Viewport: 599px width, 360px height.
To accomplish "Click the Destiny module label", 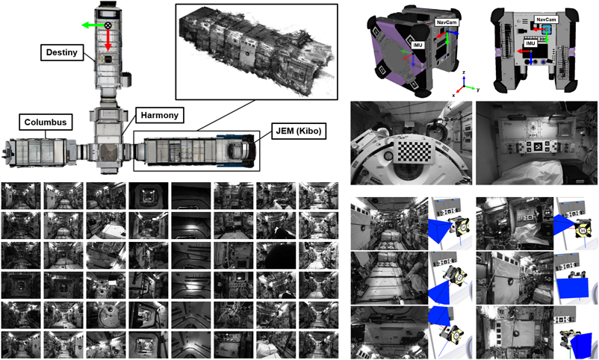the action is coord(62,52).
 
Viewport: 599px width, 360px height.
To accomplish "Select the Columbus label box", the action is coord(46,122).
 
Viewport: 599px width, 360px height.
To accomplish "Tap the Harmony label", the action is coord(159,115).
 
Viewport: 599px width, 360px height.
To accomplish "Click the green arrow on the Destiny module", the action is coord(93,25).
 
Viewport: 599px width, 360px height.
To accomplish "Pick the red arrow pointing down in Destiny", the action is coord(108,40).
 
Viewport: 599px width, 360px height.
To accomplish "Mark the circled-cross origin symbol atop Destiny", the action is coord(108,25).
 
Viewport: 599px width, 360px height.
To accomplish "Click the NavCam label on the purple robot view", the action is coord(447,22).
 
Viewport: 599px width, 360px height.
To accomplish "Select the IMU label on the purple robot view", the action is coord(418,45).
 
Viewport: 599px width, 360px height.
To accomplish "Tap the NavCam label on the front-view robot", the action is coord(546,19).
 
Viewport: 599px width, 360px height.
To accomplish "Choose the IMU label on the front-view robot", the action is coord(530,43).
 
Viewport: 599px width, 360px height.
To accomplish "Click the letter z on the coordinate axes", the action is coord(464,72).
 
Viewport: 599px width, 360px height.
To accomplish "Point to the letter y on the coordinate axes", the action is coord(477,90).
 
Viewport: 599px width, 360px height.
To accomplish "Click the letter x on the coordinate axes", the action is coord(453,95).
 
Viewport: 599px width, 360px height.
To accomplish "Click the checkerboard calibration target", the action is coord(415,150).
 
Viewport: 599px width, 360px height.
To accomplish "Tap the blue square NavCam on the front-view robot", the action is coord(546,28).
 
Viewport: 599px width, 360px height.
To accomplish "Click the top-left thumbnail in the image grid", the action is coord(21,196).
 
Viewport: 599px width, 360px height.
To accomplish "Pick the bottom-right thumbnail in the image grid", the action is coord(319,345).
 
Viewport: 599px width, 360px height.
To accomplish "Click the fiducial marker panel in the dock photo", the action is coord(537,146).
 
